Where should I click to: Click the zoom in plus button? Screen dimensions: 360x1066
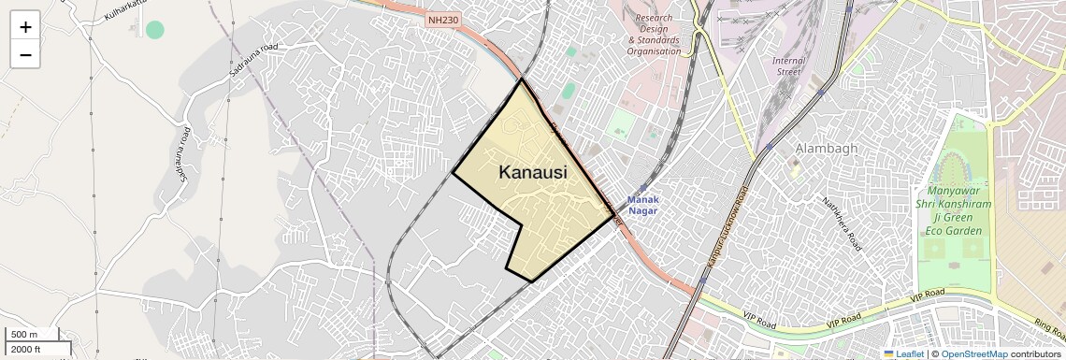(x=25, y=27)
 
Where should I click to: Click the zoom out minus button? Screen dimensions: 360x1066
(x=25, y=55)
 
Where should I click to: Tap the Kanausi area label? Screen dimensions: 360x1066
(x=533, y=172)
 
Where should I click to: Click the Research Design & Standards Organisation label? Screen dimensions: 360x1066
(x=655, y=35)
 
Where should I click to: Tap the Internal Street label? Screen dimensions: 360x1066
(x=787, y=66)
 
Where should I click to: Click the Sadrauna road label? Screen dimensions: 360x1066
(x=253, y=60)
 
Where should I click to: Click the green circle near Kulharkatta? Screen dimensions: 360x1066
(x=155, y=30)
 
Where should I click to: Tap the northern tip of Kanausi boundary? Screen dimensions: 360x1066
(x=522, y=79)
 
